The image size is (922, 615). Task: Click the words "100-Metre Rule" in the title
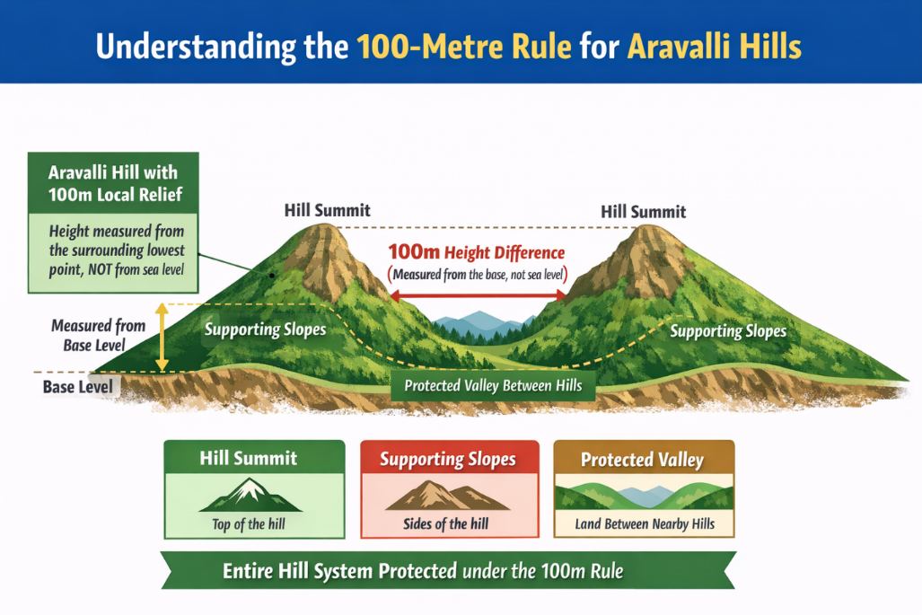(463, 47)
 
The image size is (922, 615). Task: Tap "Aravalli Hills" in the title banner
(714, 47)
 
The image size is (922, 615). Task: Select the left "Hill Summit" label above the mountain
(327, 211)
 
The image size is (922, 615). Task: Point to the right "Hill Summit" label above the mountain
(643, 212)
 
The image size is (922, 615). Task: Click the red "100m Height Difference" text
(476, 253)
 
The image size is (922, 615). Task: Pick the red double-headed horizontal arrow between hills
(478, 294)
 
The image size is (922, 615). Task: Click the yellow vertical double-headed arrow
(162, 338)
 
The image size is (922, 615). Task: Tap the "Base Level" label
(78, 387)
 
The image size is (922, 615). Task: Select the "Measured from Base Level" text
(98, 335)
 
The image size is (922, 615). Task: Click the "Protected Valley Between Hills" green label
(493, 386)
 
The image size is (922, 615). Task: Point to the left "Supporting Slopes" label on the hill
(265, 329)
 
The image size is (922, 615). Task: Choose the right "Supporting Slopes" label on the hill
(728, 331)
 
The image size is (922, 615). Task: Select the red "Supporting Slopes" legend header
(448, 460)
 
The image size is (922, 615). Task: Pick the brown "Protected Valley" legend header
(642, 460)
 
